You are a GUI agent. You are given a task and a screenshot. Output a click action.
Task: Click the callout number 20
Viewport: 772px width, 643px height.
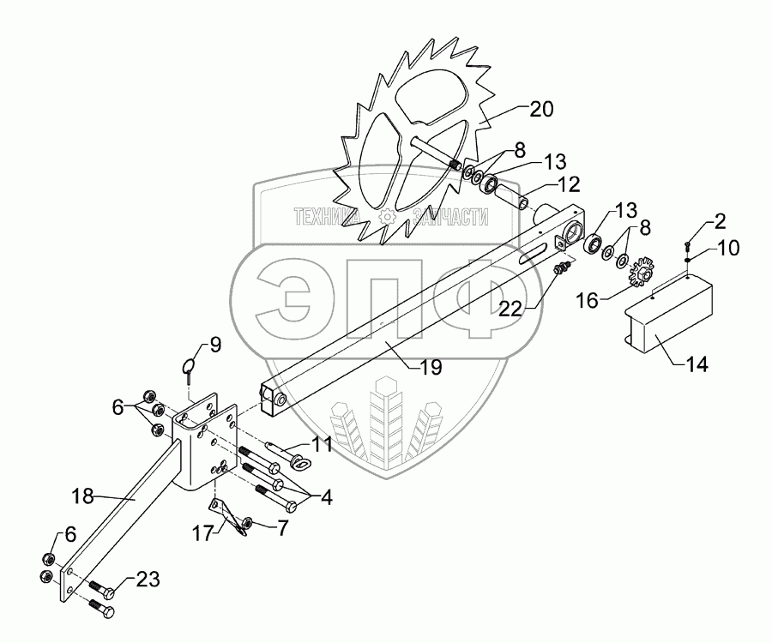click(x=542, y=109)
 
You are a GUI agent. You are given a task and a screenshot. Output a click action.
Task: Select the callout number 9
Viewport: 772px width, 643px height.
click(x=215, y=346)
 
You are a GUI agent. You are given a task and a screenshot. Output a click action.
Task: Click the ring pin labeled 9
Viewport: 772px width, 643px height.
click(x=190, y=370)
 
